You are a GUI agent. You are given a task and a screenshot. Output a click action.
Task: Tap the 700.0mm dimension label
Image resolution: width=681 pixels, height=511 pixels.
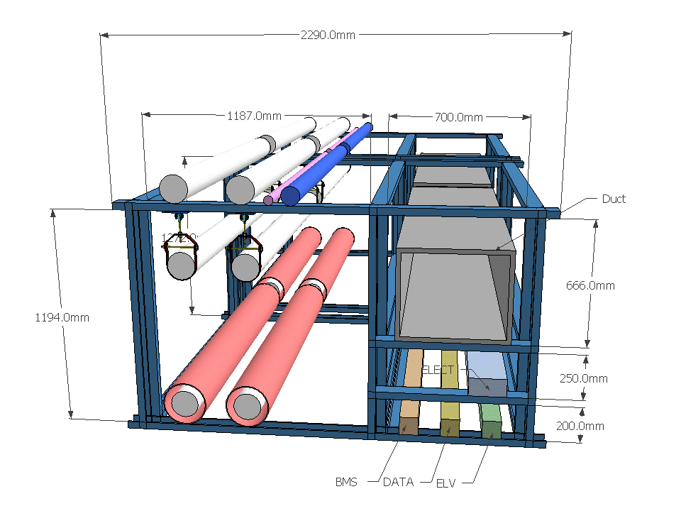point(458,117)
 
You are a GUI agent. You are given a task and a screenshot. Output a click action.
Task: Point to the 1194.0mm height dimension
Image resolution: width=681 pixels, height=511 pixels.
point(62,317)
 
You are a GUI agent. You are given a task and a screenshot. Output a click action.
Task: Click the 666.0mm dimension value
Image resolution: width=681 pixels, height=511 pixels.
point(590,285)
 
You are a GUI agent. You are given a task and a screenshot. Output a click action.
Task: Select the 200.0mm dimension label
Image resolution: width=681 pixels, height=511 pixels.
point(580,426)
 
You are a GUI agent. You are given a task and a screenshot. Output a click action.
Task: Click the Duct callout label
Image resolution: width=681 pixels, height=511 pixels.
point(614,199)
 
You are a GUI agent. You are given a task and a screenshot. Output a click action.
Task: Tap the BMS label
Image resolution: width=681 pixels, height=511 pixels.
point(346,482)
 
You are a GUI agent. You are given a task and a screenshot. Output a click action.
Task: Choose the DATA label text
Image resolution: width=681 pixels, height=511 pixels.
point(398,482)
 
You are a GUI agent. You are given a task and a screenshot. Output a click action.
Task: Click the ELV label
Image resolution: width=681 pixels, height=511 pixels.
point(445,483)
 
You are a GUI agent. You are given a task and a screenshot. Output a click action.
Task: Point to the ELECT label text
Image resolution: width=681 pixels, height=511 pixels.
point(437,370)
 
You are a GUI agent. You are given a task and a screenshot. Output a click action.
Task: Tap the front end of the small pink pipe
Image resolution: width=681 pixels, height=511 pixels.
point(268,201)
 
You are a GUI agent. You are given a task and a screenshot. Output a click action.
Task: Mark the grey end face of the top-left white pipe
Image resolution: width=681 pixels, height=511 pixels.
point(172,189)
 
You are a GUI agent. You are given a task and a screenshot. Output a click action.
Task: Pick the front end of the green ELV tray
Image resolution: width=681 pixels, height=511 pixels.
point(491,429)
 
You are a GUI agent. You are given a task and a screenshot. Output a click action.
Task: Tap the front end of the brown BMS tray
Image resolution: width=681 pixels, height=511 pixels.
point(407,426)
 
